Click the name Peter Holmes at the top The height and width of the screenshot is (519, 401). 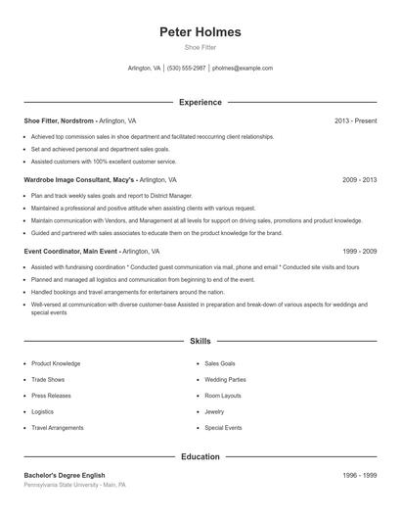click(x=200, y=32)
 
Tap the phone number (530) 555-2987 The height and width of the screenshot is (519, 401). click(x=186, y=69)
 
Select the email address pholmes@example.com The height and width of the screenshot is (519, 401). click(x=242, y=69)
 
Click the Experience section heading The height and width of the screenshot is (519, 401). click(x=200, y=102)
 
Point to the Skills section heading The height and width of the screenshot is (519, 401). click(x=200, y=342)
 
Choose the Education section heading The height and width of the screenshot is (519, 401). click(x=200, y=456)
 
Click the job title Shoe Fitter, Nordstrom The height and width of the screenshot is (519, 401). click(x=60, y=120)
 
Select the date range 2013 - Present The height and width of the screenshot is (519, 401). click(x=355, y=120)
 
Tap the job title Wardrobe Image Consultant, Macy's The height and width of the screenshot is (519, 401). click(x=79, y=180)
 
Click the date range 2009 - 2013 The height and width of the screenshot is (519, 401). click(x=359, y=180)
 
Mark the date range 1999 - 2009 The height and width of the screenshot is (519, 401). click(x=359, y=252)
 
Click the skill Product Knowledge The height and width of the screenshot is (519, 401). click(x=56, y=363)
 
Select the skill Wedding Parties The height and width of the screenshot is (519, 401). click(x=225, y=379)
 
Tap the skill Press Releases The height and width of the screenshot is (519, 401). click(x=51, y=396)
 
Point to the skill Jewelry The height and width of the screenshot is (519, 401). click(x=214, y=411)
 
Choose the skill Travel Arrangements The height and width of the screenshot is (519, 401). click(x=57, y=428)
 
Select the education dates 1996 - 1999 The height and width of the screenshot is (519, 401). click(x=359, y=475)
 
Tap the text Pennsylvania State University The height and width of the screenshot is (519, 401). click(x=61, y=485)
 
